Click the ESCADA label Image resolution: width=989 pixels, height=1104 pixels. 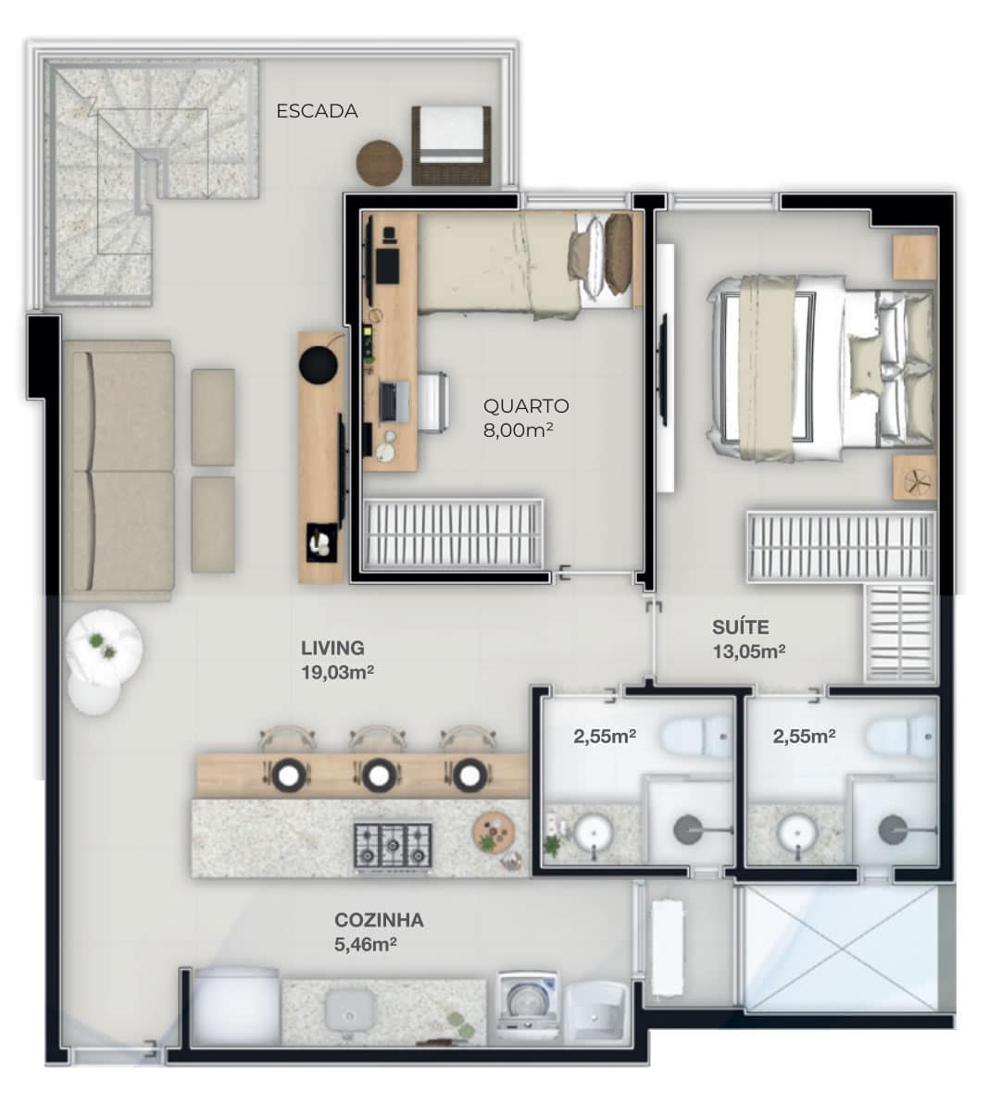click(x=317, y=111)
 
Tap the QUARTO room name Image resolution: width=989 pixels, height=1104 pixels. click(x=525, y=406)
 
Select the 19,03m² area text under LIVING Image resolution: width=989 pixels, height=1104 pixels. click(x=337, y=673)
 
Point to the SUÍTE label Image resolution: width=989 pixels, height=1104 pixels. click(x=740, y=627)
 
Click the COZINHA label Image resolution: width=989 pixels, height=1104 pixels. click(x=379, y=920)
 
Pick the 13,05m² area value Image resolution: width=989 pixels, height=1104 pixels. click(x=749, y=651)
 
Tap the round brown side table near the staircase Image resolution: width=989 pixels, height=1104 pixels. click(x=380, y=163)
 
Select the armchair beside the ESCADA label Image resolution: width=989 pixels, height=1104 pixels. click(x=451, y=145)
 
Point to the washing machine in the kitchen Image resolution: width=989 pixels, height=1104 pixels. click(x=529, y=1008)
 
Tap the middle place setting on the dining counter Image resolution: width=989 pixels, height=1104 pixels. click(x=379, y=775)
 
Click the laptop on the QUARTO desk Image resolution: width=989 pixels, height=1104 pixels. click(x=394, y=402)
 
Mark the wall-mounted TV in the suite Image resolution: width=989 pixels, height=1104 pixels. click(x=663, y=368)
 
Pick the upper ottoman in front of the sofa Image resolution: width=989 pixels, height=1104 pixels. click(x=213, y=417)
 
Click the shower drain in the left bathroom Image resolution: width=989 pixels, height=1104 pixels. click(x=687, y=830)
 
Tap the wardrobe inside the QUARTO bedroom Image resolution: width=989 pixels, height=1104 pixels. click(x=452, y=534)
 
